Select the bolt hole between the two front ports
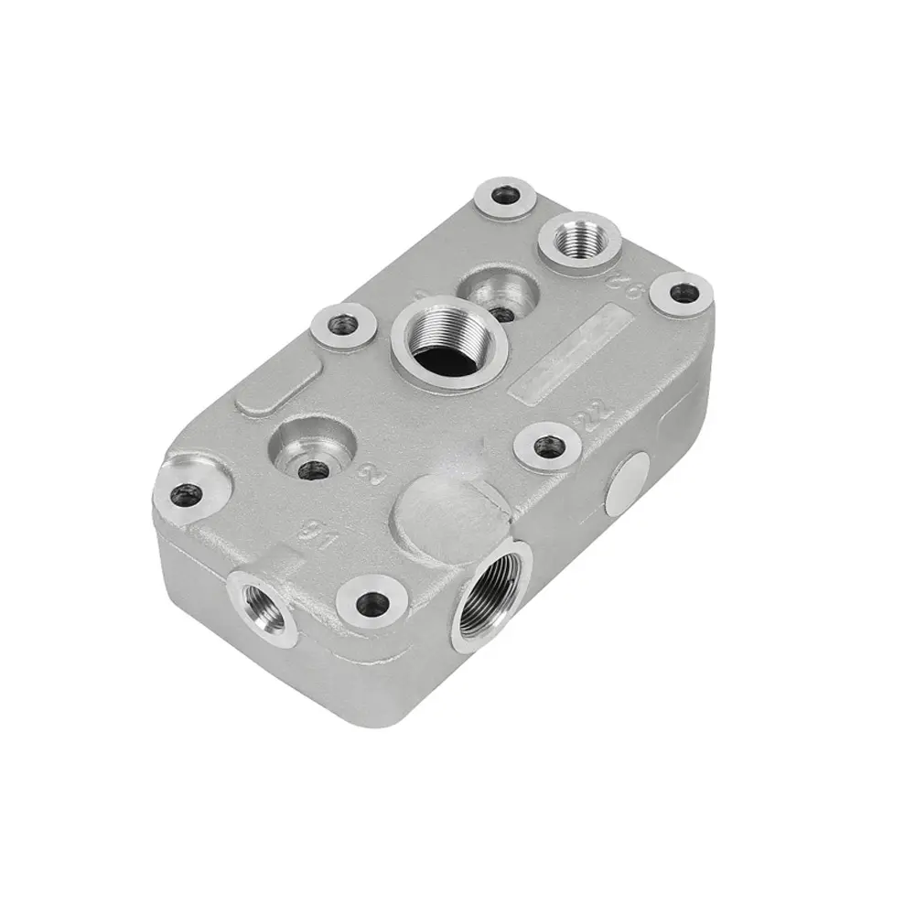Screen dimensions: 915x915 (x=371, y=602)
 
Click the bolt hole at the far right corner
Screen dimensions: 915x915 (x=678, y=295)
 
